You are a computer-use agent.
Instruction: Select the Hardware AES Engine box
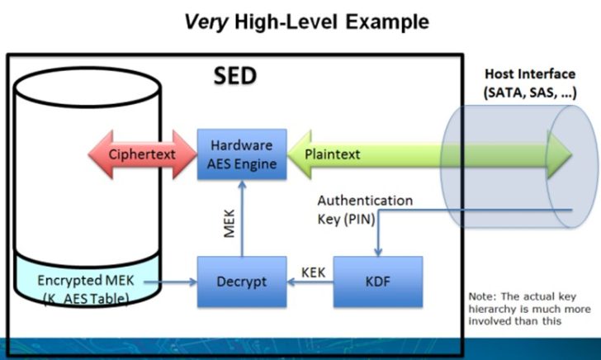pos(241,154)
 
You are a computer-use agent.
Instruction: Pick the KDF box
pos(377,282)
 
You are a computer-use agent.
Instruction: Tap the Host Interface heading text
pos(542,75)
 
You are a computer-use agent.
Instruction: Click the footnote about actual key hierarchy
pos(528,310)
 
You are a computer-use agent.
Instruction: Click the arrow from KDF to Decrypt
pos(310,282)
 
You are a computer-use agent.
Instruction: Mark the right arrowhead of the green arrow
pos(561,154)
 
